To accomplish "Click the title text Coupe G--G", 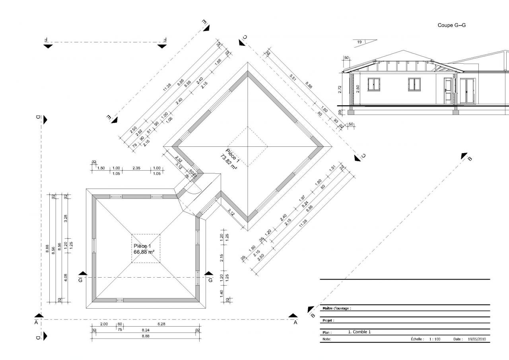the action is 451,25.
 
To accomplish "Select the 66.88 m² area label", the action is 144,252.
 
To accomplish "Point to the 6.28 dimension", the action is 161,324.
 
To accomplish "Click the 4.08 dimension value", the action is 66,278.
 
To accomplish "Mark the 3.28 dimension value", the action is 66,218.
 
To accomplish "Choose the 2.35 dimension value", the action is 136,168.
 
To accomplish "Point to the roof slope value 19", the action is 359,42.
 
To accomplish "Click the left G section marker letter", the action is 81,280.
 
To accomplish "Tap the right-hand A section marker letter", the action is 295,323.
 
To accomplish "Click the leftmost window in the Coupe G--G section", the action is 374,84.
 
